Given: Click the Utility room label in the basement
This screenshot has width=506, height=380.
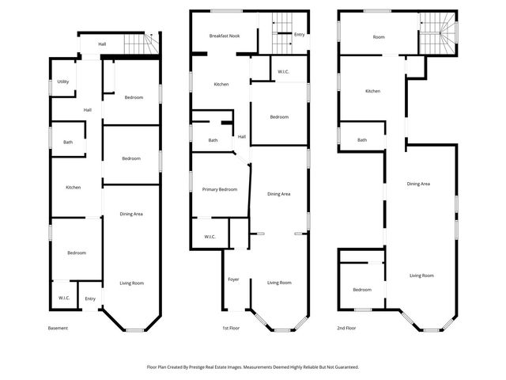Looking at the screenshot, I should point(63,82).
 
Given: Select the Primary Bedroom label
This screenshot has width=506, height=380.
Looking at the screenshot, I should point(220,189).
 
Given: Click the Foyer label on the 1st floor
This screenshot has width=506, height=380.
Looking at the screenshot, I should point(233,279).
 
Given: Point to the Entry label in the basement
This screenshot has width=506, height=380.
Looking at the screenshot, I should point(90,298).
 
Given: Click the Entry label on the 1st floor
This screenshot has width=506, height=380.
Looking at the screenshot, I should point(299,35).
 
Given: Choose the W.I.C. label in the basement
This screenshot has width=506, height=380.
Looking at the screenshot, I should point(64,298).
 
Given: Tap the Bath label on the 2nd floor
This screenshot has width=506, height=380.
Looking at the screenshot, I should point(362,140).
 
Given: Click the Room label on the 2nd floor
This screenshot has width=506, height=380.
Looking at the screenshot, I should point(379,37).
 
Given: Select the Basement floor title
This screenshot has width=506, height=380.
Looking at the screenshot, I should point(59,328).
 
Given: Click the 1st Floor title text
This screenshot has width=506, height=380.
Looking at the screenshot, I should point(231,328).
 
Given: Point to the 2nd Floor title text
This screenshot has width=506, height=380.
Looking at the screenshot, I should point(346,328).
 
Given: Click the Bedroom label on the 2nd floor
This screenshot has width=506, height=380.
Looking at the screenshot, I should point(362,290).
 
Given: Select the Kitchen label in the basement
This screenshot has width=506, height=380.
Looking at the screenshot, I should point(73,188).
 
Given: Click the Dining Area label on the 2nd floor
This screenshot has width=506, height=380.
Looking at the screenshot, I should point(418,184).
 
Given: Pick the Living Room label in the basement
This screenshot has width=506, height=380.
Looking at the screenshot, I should point(131,283).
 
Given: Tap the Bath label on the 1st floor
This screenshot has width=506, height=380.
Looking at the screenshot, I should point(213,140).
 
